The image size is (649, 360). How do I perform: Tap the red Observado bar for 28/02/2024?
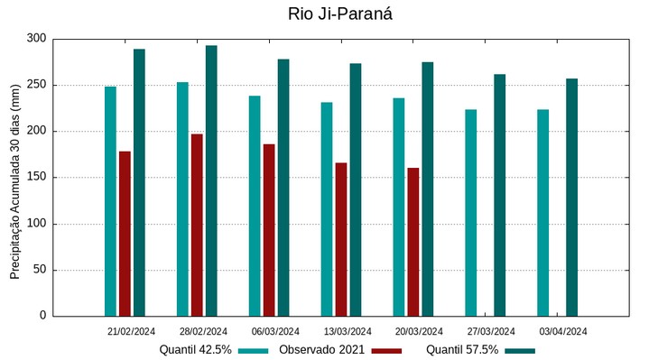click(x=197, y=225)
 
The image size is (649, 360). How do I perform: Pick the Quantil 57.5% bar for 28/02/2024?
click(x=211, y=180)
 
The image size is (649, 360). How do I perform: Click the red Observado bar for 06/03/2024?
click(x=269, y=230)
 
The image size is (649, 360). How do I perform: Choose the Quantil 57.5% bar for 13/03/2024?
click(x=356, y=189)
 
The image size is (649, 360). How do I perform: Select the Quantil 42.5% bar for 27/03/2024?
click(x=470, y=213)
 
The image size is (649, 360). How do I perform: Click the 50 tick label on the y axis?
click(x=40, y=270)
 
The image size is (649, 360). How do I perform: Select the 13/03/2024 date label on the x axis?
click(x=348, y=331)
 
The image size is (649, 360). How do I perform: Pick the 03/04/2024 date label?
click(x=563, y=331)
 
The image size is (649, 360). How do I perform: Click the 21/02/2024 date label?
click(x=132, y=331)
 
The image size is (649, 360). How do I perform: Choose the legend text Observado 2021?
click(x=321, y=350)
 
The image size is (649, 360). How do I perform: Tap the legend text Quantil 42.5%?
click(x=196, y=350)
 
